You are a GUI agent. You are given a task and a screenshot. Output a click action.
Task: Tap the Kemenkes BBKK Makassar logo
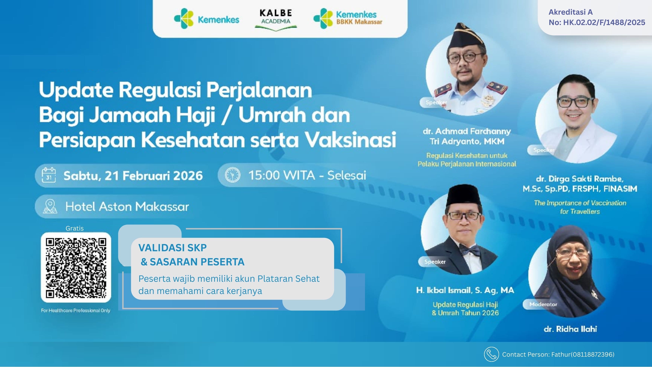[x=348, y=18]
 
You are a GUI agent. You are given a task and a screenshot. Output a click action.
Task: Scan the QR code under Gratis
[x=76, y=267]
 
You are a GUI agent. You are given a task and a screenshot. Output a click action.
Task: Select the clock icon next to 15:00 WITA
[x=232, y=175]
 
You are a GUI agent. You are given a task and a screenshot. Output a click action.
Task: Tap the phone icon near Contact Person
[x=491, y=354]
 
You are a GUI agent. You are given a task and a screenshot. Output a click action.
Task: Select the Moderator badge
[x=543, y=304]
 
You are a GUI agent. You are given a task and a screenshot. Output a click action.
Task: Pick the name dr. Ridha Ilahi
[x=570, y=329]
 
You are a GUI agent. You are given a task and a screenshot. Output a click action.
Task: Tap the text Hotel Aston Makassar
[x=127, y=207]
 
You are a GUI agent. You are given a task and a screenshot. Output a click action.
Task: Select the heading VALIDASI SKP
[x=172, y=248]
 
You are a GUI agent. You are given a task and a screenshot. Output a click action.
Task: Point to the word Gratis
[x=74, y=228]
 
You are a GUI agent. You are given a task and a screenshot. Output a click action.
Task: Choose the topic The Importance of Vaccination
[x=580, y=203]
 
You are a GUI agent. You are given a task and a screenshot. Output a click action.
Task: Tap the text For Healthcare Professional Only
[x=76, y=310]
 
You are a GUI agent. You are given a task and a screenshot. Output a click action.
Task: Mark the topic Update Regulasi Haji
[x=465, y=305]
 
